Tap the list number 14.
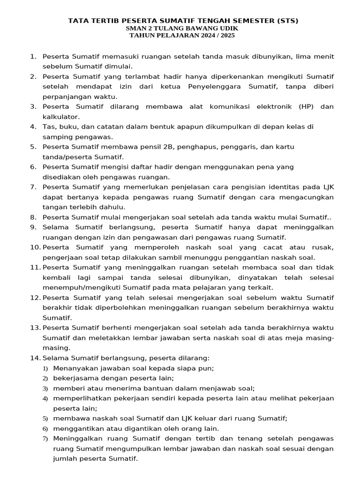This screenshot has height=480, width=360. click(35, 358)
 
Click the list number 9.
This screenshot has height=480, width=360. click(33, 227)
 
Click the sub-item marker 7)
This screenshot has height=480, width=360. click(45, 439)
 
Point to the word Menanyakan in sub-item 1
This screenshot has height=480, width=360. click(75, 368)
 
